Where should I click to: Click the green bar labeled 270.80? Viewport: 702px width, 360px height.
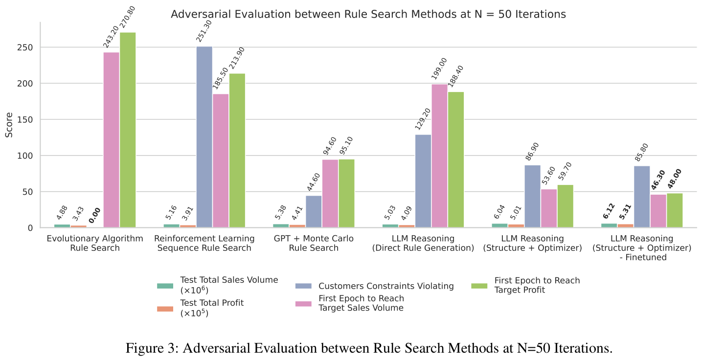tap(128, 130)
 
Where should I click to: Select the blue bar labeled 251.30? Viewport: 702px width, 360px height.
tap(204, 137)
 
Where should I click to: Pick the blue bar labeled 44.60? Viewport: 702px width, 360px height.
tap(314, 211)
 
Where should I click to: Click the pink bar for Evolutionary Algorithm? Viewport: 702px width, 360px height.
tap(112, 140)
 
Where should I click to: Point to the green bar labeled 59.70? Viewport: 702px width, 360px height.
tap(565, 206)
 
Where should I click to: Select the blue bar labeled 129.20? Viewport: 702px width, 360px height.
tap(423, 181)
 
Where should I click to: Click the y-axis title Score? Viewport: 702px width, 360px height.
tap(9, 125)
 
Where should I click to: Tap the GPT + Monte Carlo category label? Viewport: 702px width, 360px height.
tap(314, 243)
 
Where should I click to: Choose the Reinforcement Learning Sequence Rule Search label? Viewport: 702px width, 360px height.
tap(204, 243)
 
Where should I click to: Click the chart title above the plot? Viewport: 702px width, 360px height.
tap(368, 14)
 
